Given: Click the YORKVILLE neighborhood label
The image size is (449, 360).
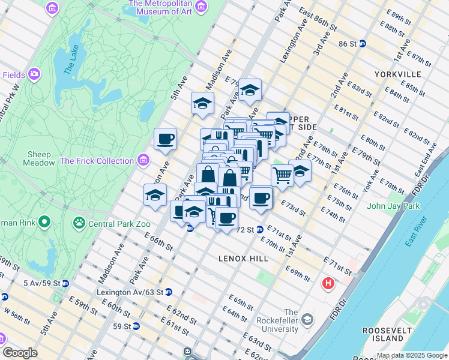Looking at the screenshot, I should point(397,74).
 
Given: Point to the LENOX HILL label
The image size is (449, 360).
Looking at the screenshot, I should point(243,257).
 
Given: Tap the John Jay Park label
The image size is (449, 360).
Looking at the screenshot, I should point(393,206).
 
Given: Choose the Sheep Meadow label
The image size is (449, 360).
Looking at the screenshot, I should point(38,158).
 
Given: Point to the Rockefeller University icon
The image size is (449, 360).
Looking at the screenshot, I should point(308,319).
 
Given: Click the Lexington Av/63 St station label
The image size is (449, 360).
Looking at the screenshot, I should point(130,292).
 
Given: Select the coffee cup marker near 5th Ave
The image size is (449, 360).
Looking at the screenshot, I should point(166,140).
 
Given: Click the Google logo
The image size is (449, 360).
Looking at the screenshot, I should point(20,353).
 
